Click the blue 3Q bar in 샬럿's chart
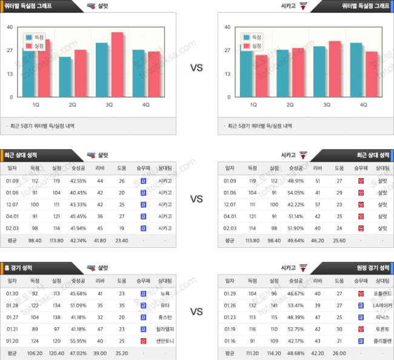[x=102, y=70]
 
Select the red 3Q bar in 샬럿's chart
[x=116, y=64]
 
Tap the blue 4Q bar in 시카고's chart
[x=356, y=70]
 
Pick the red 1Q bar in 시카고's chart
[x=261, y=76]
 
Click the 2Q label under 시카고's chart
[x=290, y=105]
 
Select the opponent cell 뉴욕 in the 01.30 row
[x=165, y=293]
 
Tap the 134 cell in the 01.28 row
[x=56, y=305]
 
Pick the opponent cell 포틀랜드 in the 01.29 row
[x=382, y=293]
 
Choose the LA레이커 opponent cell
[x=382, y=305]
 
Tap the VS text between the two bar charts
[x=196, y=68]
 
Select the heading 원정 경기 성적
[x=373, y=267]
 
